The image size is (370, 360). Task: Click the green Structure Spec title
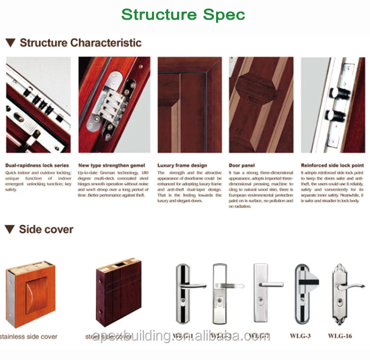(x=183, y=14)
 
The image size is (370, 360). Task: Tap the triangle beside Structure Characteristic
(x=10, y=43)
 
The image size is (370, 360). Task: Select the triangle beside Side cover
(x=10, y=230)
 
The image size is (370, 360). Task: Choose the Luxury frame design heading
(x=182, y=166)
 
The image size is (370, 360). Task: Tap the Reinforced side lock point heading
(x=332, y=166)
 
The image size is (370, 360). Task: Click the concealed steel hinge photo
(x=114, y=105)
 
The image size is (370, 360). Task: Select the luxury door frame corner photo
(x=189, y=105)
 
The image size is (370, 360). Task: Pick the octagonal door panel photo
(x=261, y=105)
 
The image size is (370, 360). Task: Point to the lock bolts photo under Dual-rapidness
(x=38, y=105)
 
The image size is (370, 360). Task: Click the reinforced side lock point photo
(x=333, y=105)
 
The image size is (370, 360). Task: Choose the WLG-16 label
(x=340, y=337)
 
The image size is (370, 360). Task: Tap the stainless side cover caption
(x=29, y=337)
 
